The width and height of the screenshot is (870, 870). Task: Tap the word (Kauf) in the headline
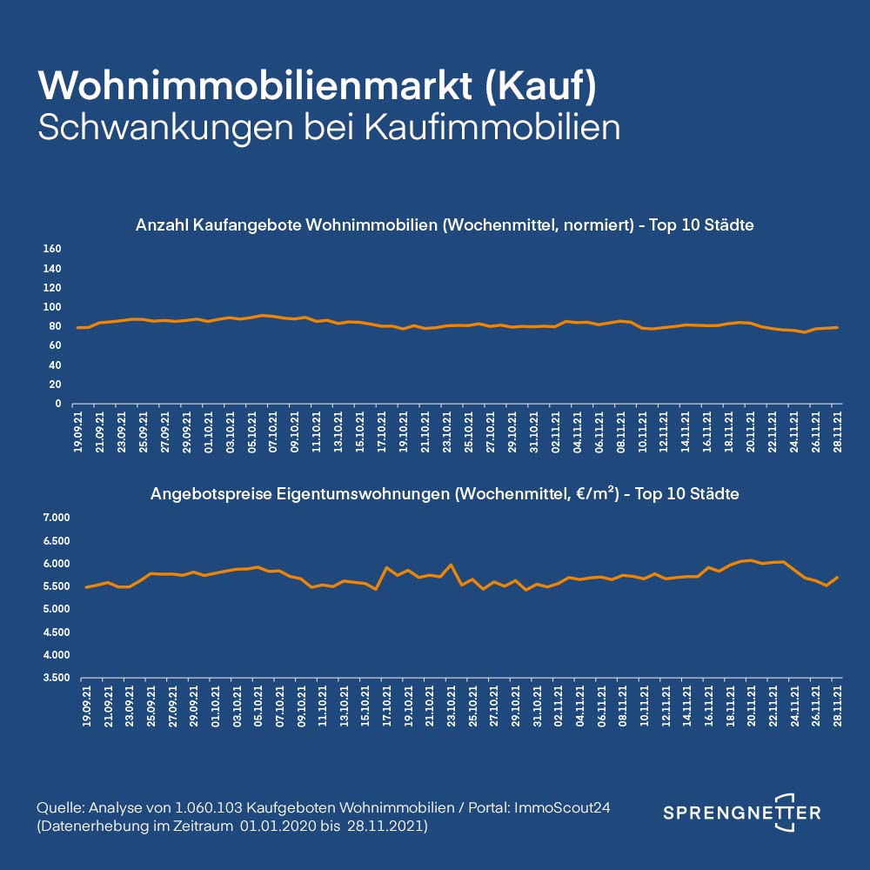pyautogui.click(x=539, y=86)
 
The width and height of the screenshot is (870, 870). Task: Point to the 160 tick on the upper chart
pyautogui.click(x=52, y=250)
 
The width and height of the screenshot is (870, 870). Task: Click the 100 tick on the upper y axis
pyautogui.click(x=52, y=307)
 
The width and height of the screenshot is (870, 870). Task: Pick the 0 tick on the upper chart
pyautogui.click(x=57, y=404)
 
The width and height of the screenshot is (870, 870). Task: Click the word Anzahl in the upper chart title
pyautogui.click(x=160, y=225)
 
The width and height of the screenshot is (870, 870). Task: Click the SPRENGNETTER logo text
pyautogui.click(x=741, y=813)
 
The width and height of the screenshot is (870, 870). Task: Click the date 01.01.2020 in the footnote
pyautogui.click(x=270, y=826)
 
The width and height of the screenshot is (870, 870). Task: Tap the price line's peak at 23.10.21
pyautogui.click(x=451, y=565)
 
